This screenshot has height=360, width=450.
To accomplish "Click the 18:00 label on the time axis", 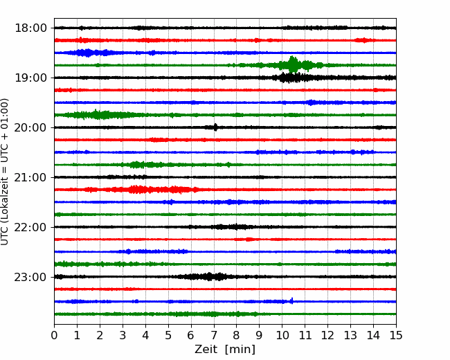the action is [30, 28].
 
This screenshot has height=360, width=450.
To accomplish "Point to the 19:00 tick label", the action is [30, 78].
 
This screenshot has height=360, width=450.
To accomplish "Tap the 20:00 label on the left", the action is [30, 127].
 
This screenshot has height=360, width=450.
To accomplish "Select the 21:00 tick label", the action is [30, 177].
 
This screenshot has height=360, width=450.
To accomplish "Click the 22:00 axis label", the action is [30, 227].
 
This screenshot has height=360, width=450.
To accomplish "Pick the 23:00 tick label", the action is [30, 277].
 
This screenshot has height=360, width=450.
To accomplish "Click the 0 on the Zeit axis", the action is [54, 335].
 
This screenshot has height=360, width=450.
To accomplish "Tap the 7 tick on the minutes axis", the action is [214, 335].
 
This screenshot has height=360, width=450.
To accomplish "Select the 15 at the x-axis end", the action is [396, 335].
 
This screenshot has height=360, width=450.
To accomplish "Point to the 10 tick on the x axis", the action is [282, 335].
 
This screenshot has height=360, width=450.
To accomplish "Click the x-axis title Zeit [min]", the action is [225, 349].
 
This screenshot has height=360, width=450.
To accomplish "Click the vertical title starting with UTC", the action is [5, 172].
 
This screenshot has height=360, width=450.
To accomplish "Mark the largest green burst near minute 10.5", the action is [293, 65].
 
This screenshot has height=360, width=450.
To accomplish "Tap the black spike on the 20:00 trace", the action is [215, 127].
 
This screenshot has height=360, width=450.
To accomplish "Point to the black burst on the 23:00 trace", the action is [210, 277].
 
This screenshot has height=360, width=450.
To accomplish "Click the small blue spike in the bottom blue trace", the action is [292, 300].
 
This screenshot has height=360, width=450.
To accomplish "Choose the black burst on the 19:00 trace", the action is [293, 78].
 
